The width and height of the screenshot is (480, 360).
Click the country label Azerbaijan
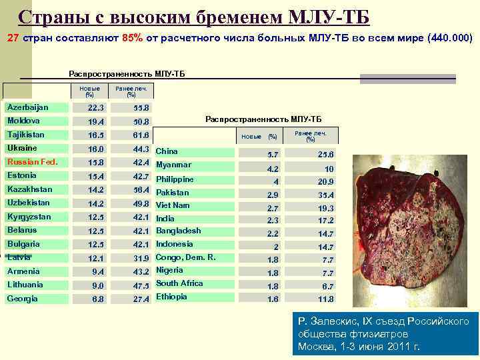(x=27, y=107)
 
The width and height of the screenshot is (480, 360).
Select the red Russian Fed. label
(x=33, y=162)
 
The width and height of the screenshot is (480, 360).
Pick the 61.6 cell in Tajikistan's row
(x=141, y=135)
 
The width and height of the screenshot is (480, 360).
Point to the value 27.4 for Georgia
(x=141, y=299)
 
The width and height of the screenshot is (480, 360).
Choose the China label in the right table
(x=167, y=151)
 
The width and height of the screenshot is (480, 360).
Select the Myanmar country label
(x=173, y=165)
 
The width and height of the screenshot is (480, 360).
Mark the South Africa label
(x=179, y=283)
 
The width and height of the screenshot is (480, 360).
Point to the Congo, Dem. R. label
(x=186, y=257)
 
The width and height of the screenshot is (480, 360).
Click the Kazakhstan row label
(x=29, y=189)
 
